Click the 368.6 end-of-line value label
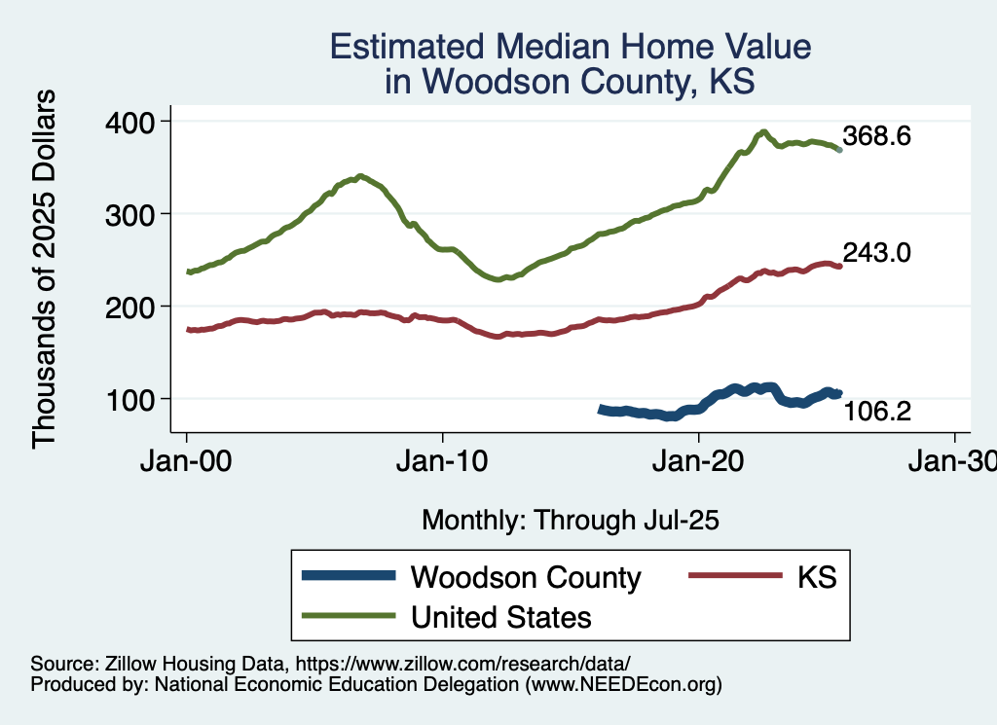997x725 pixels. (876, 136)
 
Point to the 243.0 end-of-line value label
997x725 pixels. (876, 253)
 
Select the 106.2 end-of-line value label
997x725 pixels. (876, 412)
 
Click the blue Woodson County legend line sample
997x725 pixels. (350, 576)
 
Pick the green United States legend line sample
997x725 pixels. (350, 616)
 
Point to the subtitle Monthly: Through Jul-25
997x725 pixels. (570, 521)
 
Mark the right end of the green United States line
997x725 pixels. (839, 150)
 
